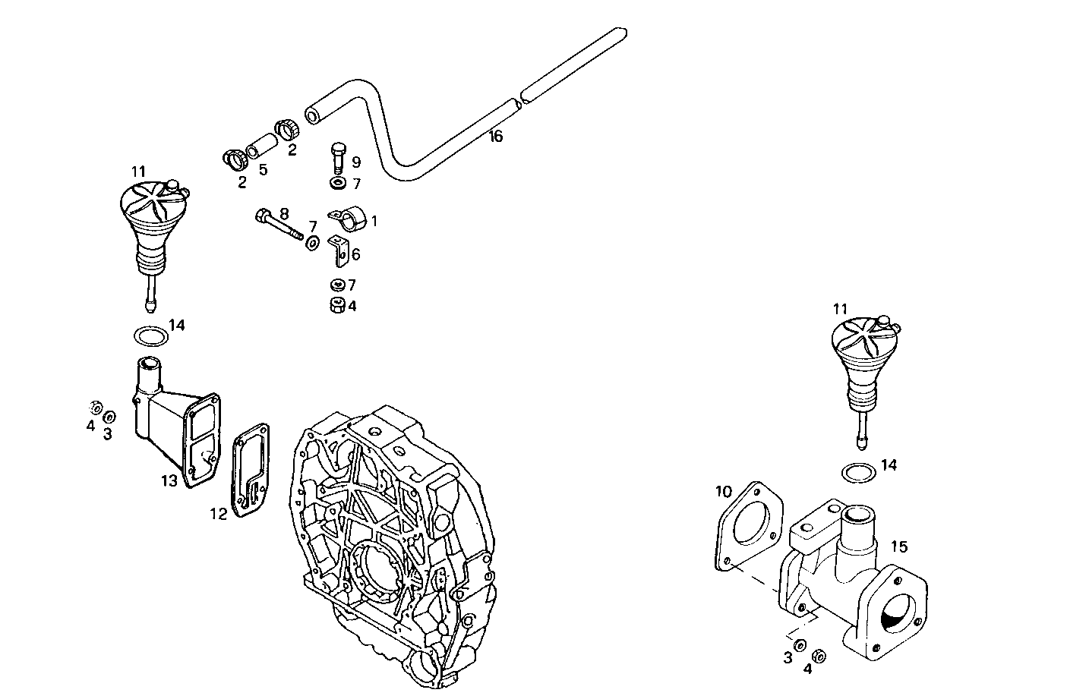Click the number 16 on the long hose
(496, 137)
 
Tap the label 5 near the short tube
(263, 168)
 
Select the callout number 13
(169, 480)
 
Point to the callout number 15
(898, 546)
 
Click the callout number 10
(723, 492)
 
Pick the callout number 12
(219, 514)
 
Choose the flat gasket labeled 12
(249, 471)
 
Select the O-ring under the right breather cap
(859, 472)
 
